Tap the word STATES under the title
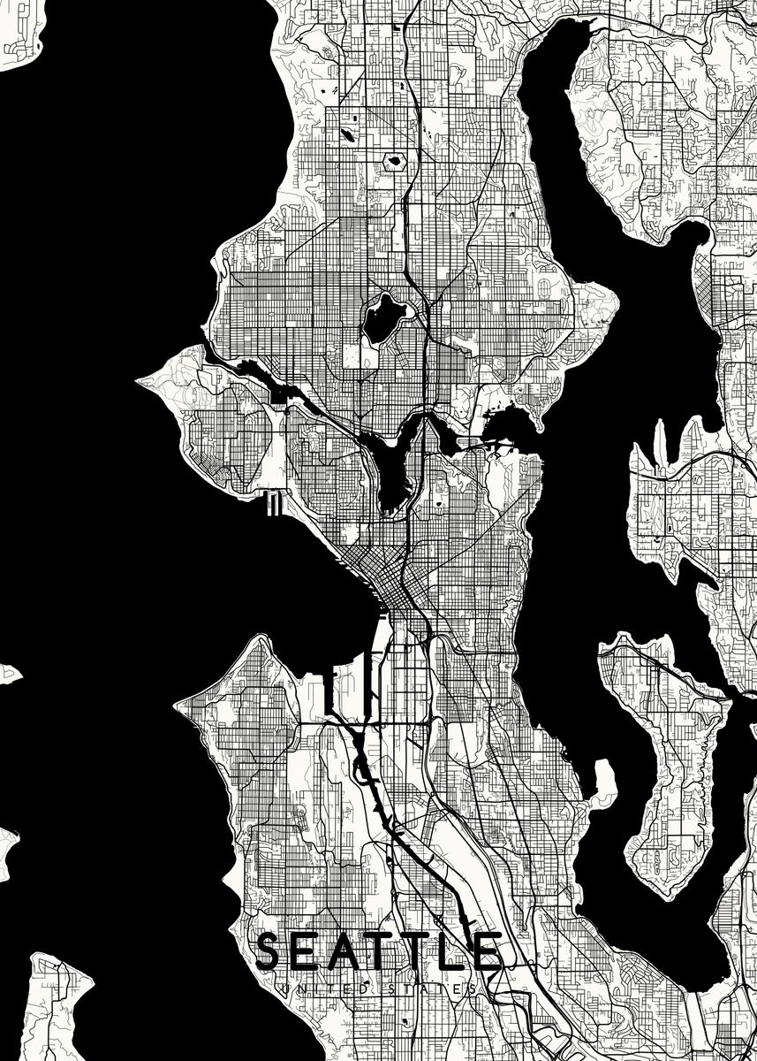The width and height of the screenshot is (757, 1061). pyautogui.click(x=432, y=988)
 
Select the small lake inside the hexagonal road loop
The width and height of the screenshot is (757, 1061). pyautogui.click(x=393, y=161)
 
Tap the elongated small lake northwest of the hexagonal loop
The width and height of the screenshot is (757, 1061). pyautogui.click(x=346, y=136)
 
